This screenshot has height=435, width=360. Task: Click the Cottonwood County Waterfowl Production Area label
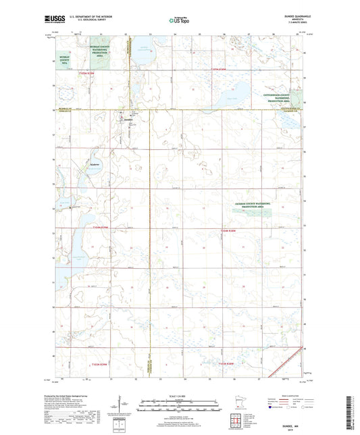(x=284, y=99)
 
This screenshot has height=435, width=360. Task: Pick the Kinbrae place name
(x=95, y=164)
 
